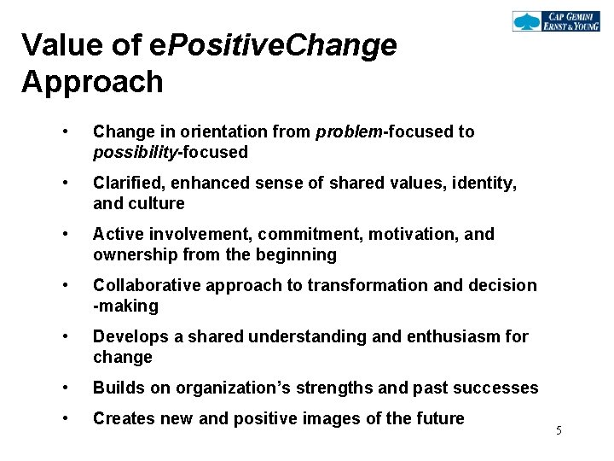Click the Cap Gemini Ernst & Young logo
[557, 21]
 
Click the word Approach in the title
[92, 82]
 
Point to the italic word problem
[350, 131]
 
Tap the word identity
[486, 183]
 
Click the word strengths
[331, 388]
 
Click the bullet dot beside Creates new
[65, 418]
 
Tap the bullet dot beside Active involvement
[65, 234]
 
